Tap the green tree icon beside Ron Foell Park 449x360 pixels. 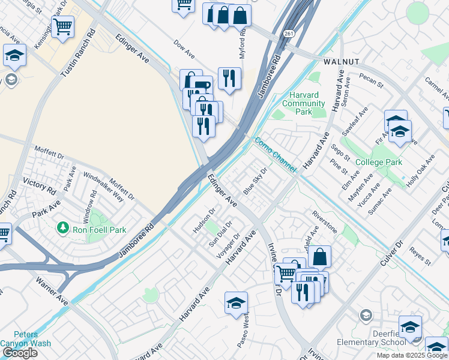pos(62,227)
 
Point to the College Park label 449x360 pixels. pos(378,163)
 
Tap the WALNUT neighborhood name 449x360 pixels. pos(341,62)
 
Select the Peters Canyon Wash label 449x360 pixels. pos(26,339)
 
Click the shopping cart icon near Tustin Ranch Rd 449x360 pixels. pos(62,26)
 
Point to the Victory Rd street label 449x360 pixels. pos(39,184)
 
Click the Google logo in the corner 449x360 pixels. pos(20,353)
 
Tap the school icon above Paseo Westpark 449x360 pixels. pos(237,303)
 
